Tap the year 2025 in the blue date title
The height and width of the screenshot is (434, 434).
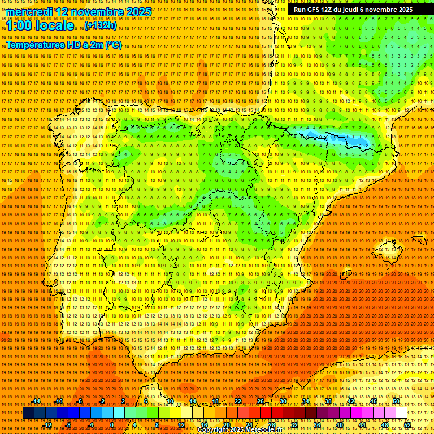pyautogui.click(x=138, y=12)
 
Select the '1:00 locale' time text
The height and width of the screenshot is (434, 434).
pyautogui.click(x=40, y=25)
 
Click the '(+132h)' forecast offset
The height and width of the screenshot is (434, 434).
pyautogui.click(x=101, y=25)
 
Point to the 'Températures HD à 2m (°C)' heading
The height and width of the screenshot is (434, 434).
pyautogui.click(x=63, y=45)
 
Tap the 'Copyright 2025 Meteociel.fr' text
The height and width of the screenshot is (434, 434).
pyautogui.click(x=248, y=430)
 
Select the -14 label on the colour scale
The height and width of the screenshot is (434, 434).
pyautogui.click(x=36, y=401)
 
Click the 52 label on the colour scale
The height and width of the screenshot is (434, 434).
pyautogui.click(x=407, y=425)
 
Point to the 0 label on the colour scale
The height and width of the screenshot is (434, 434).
pyautogui.click(x=111, y=425)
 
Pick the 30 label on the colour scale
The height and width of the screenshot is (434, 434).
pyautogui.click(x=283, y=401)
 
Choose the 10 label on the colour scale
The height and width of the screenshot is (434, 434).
pyautogui.click(x=169, y=401)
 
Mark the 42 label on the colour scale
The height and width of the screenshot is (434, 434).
pyautogui.click(x=350, y=401)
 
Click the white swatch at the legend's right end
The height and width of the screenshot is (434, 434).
pyautogui.click(x=402, y=413)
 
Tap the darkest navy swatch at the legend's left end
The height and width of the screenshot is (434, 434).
pyautogui.click(x=28, y=413)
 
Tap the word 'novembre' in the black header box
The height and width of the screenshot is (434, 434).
pyautogui.click(x=385, y=10)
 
